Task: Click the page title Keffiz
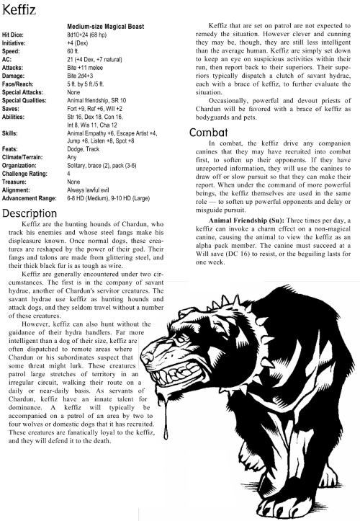23,11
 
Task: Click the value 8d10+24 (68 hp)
94,34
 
